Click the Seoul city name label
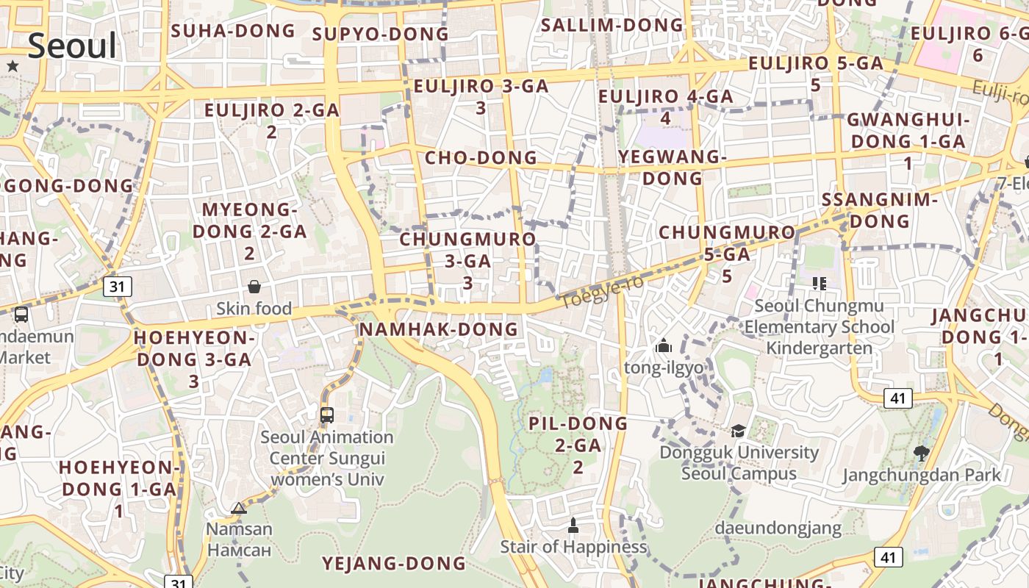(73, 46)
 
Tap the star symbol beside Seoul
(12, 66)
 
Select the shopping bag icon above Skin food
(254, 287)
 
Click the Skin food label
(254, 309)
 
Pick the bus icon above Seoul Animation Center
(327, 415)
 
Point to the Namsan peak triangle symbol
(239, 508)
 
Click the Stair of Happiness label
(573, 547)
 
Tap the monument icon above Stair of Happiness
(573, 526)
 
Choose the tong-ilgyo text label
(664, 367)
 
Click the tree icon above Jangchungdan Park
(921, 453)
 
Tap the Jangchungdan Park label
(922, 475)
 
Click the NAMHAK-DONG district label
(439, 329)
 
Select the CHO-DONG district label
(481, 158)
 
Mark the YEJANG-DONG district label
(394, 564)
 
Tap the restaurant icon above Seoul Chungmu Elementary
(820, 284)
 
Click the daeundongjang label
(778, 528)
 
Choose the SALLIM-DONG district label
(612, 25)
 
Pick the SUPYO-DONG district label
(380, 34)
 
